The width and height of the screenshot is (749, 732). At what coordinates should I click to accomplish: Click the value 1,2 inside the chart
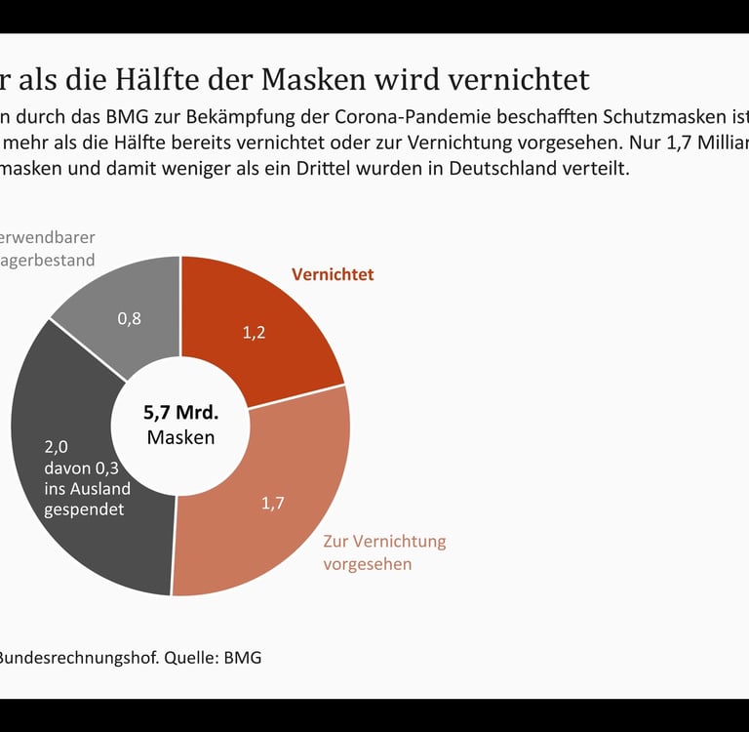tap(254, 332)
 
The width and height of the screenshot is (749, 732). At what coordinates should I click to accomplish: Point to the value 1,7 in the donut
tap(272, 504)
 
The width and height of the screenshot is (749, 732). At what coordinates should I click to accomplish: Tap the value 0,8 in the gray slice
tap(129, 318)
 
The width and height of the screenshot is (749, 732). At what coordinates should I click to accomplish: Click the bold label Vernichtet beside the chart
tap(333, 274)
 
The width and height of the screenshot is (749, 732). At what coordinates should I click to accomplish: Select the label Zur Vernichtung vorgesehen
tap(383, 552)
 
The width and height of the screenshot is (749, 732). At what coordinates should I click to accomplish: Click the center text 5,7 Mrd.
tap(180, 412)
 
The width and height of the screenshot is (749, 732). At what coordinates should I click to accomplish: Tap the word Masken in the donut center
tap(180, 437)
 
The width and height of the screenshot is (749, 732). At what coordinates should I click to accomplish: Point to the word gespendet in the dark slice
tap(85, 509)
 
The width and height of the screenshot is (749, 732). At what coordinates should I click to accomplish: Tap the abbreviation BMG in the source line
tap(243, 657)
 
